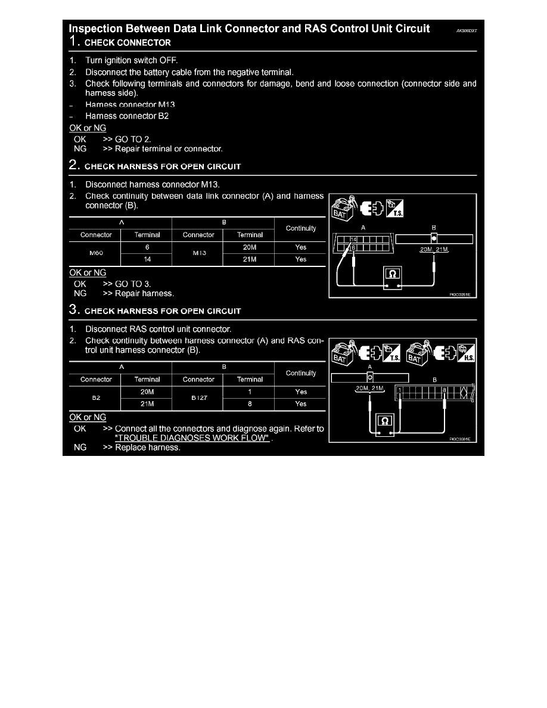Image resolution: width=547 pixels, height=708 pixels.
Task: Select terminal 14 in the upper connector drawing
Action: click(x=352, y=239)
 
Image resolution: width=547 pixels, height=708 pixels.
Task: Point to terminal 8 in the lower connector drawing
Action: click(x=444, y=390)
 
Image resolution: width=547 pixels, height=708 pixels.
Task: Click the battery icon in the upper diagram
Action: click(x=342, y=209)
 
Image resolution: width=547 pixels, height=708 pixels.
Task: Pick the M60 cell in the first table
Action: click(x=95, y=253)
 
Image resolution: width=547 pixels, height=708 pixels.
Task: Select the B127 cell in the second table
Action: click(x=198, y=398)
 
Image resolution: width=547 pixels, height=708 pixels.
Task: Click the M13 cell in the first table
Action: click(x=198, y=253)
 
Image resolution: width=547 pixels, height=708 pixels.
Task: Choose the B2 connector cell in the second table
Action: click(x=95, y=398)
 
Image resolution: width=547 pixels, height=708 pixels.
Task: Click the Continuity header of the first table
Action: click(x=301, y=228)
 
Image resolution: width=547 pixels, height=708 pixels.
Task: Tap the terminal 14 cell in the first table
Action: click(x=147, y=259)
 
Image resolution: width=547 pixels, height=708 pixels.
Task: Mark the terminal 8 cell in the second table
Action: click(x=250, y=404)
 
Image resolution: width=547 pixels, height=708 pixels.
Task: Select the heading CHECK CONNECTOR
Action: click(x=128, y=43)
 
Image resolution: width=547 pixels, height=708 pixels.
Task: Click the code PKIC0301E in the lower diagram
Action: click(x=460, y=439)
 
